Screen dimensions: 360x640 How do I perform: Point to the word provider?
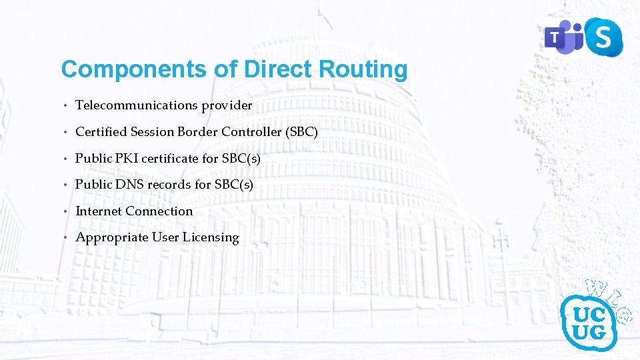pyautogui.click(x=231, y=105)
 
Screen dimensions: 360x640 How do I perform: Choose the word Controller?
pyautogui.click(x=252, y=132)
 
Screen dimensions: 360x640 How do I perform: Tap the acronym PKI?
pyautogui.click(x=125, y=159)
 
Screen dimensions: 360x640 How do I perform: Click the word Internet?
pyautogui.click(x=99, y=211)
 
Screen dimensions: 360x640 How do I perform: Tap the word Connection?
pyautogui.click(x=159, y=211)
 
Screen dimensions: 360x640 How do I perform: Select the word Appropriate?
pyautogui.click(x=111, y=237)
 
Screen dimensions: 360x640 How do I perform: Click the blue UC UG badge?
pyautogui.click(x=588, y=321)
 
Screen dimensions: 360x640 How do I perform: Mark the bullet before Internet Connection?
pyautogui.click(x=66, y=212)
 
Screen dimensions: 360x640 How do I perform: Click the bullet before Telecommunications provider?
pyautogui.click(x=66, y=106)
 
